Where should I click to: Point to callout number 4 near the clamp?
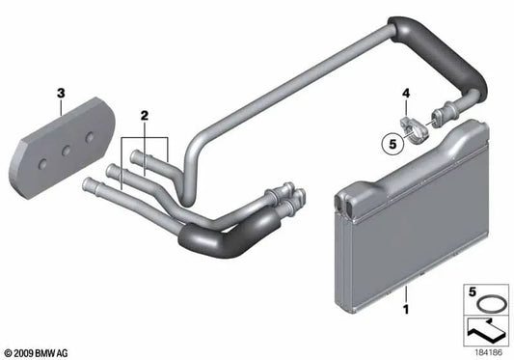(407, 95)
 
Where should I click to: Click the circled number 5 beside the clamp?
(392, 148)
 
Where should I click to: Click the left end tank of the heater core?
(346, 242)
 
